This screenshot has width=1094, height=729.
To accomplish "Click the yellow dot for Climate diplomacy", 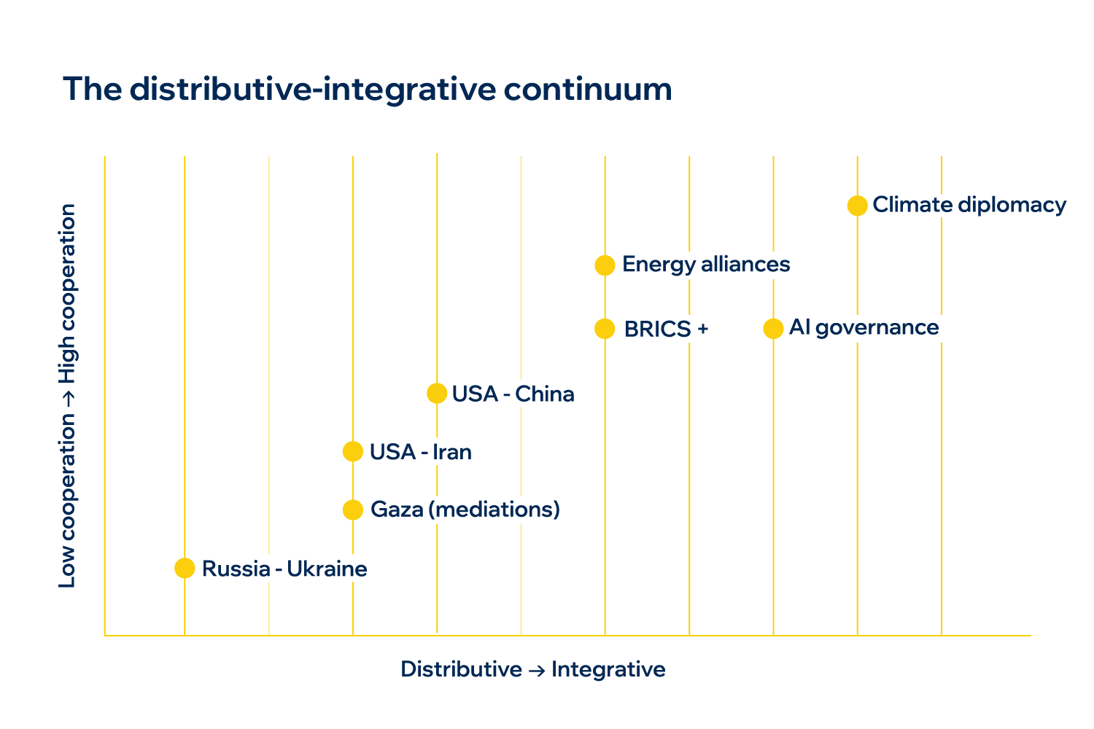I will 857,206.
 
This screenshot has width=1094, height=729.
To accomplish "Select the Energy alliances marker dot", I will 605,265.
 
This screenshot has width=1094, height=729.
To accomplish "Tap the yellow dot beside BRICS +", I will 605,329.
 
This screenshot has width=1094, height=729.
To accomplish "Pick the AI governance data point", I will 773,329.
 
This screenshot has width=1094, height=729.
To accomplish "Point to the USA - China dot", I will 436,394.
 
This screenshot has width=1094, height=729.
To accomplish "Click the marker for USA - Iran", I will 352,451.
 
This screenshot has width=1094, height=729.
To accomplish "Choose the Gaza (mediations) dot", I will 352,510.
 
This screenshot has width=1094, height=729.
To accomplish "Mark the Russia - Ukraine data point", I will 185,568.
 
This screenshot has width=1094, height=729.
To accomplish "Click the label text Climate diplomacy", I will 969,205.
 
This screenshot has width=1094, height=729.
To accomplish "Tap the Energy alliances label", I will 706,264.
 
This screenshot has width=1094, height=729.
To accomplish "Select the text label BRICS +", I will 666,330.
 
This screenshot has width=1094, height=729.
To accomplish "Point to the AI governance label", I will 864,328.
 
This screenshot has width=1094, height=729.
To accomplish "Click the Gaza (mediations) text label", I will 465,509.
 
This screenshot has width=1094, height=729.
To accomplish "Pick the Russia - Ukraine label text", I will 284,569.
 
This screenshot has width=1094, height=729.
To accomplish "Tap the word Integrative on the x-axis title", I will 608,669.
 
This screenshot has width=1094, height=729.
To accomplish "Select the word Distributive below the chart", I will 461,669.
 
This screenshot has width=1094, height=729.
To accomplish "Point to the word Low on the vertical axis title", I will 67,568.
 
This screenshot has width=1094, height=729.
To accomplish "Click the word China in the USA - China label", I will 545,394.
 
